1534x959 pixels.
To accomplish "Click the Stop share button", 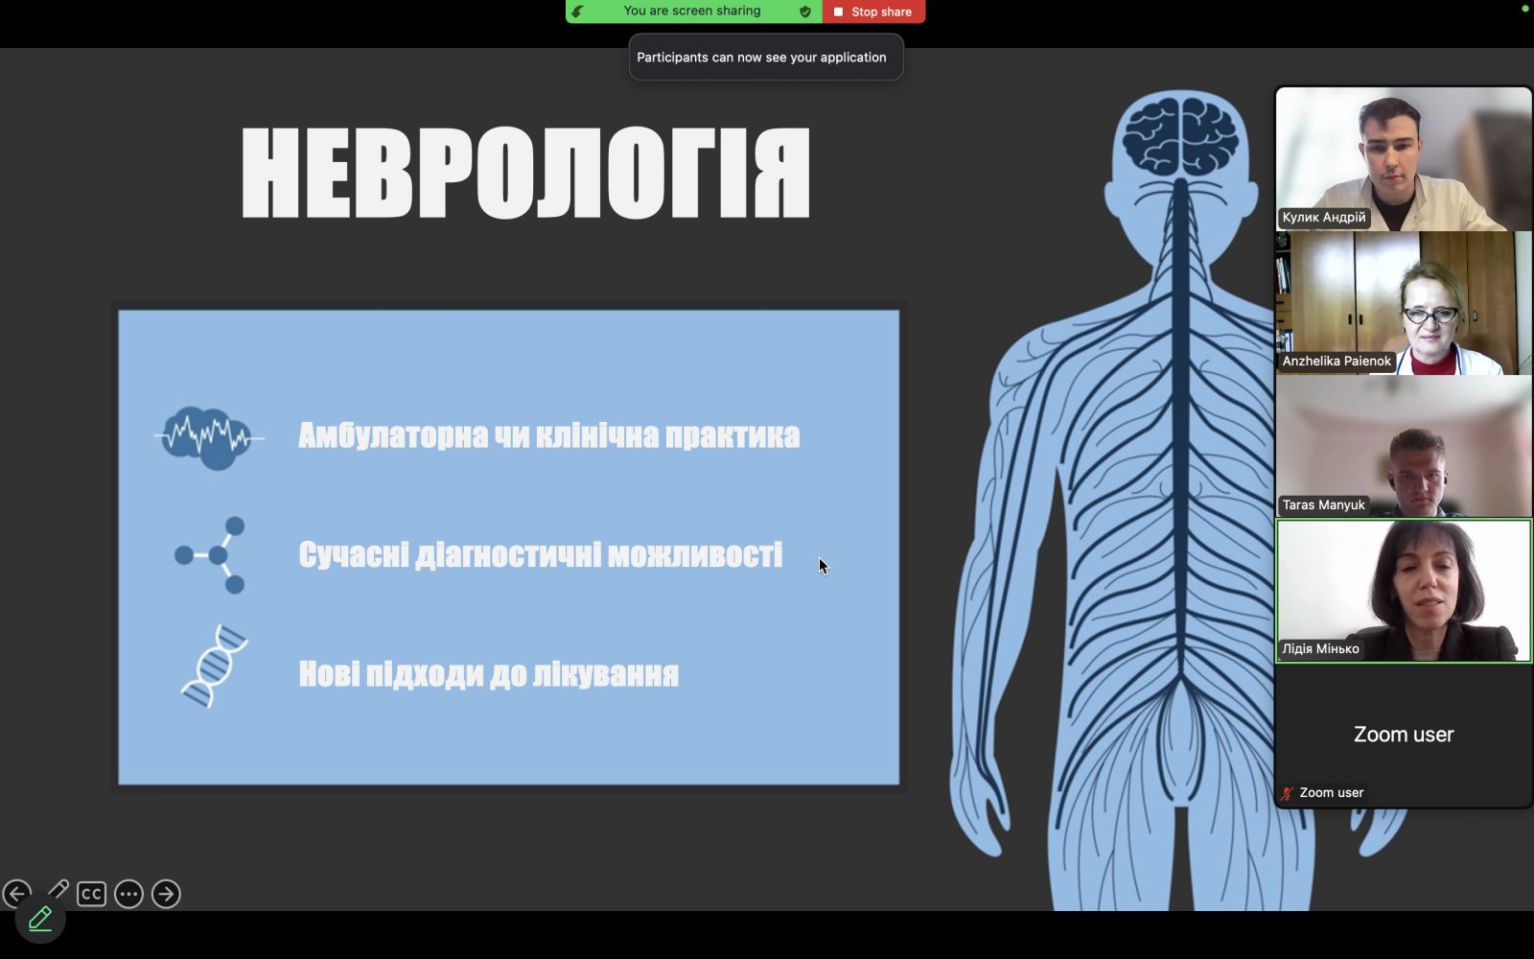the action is pyautogui.click(x=873, y=12).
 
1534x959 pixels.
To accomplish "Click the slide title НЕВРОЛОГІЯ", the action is pyautogui.click(x=526, y=173).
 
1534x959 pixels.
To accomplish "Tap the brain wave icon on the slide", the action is pyautogui.click(x=209, y=437).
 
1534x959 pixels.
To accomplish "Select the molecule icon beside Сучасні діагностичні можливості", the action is pyautogui.click(x=210, y=555).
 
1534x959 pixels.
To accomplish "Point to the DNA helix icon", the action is pyautogui.click(x=215, y=666).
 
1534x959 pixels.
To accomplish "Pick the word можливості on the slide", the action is pyautogui.click(x=695, y=555).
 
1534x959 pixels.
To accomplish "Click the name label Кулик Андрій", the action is pyautogui.click(x=1324, y=217).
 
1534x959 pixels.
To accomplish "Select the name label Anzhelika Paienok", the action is pyautogui.click(x=1336, y=361).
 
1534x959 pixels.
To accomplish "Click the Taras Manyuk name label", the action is pyautogui.click(x=1323, y=504).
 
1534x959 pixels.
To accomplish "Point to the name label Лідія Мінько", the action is pyautogui.click(x=1320, y=648).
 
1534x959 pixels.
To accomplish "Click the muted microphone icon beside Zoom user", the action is pyautogui.click(x=1286, y=793).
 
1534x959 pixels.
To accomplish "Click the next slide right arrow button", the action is pyautogui.click(x=166, y=894).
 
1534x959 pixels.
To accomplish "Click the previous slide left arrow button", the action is pyautogui.click(x=16, y=894).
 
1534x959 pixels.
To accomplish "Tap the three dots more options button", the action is pyautogui.click(x=128, y=894).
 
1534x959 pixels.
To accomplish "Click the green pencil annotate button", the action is pyautogui.click(x=40, y=919).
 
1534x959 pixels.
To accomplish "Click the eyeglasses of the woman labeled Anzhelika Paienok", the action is pyautogui.click(x=1430, y=316).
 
